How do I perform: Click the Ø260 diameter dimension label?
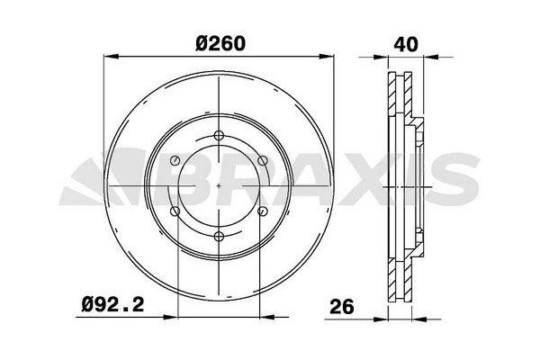[x=220, y=44]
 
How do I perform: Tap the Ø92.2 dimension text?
[x=112, y=305]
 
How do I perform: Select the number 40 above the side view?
[x=406, y=44]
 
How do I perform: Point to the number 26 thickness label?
[x=342, y=307]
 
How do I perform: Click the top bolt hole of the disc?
[x=219, y=135]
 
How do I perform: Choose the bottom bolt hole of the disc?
[x=219, y=237]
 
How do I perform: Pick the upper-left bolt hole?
[x=175, y=160]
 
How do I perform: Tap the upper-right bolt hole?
[x=263, y=160]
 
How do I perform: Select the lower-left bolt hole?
[x=175, y=211]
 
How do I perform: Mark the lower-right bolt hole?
[x=263, y=211]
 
